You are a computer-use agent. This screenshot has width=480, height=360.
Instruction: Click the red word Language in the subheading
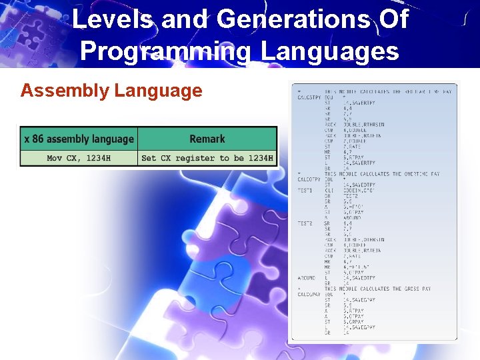158,90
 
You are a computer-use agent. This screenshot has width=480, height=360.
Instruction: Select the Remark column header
207,139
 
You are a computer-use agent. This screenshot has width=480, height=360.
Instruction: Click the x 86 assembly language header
79,139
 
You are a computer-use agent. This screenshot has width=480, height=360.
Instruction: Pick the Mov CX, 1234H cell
79,158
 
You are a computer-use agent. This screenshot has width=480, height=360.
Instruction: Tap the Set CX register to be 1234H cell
207,158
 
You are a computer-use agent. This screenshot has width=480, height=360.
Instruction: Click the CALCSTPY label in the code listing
309,97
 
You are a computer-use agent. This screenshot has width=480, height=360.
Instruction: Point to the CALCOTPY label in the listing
309,179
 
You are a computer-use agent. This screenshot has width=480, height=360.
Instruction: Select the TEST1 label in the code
305,190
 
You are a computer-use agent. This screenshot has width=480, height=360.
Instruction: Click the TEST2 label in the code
305,223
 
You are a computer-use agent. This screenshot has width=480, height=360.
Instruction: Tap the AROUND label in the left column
306,277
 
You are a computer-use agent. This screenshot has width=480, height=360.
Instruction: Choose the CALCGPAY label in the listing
309,294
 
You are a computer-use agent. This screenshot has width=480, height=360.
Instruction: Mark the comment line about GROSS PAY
377,289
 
